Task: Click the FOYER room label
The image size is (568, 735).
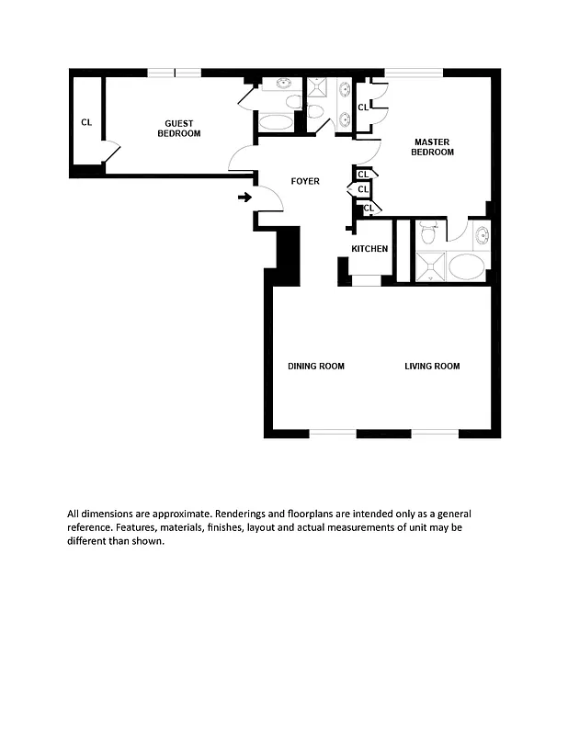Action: (305, 181)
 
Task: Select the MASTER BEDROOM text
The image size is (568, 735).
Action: (432, 147)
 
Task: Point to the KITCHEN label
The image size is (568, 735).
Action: (369, 249)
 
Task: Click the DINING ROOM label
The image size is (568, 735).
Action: (316, 367)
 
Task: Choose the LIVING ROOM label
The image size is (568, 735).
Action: (432, 367)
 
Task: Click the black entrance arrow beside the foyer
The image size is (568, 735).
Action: (244, 197)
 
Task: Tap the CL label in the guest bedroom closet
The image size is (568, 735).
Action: (86, 121)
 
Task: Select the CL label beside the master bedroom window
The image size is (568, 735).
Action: (363, 107)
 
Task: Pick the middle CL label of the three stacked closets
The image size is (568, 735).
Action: (363, 189)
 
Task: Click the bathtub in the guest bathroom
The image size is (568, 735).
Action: (276, 122)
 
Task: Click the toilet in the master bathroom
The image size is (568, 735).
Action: (427, 232)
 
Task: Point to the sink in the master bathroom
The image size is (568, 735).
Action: (483, 235)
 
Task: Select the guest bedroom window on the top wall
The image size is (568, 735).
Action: (175, 73)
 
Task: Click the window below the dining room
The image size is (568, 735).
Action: (332, 433)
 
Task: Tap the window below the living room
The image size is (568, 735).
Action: (434, 433)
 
